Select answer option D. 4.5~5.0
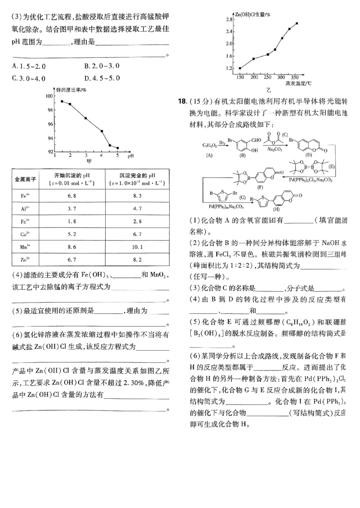click(102, 78)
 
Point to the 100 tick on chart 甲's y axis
click(49, 96)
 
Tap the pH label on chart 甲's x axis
click(130, 157)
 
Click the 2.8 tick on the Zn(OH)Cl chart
click(229, 20)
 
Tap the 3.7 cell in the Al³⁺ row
click(72, 209)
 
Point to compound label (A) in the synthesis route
click(209, 155)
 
